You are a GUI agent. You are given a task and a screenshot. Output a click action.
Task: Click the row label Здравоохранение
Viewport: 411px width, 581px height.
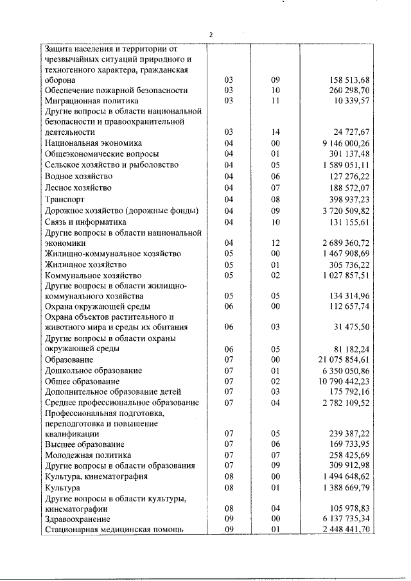pyautogui.click(x=77, y=518)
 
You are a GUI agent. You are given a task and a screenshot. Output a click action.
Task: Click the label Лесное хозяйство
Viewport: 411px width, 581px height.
pyautogui.click(x=78, y=187)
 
